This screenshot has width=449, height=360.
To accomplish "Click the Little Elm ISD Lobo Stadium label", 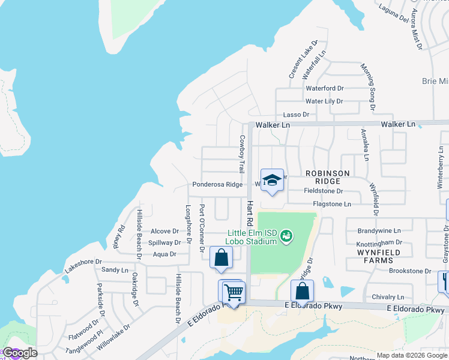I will [253, 237].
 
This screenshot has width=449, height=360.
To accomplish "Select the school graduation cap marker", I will [272, 180].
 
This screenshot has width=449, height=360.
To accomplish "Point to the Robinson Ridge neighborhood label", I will [327, 177].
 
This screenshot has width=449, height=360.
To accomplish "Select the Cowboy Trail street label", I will [243, 154].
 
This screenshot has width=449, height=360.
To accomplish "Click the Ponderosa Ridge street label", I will [217, 184].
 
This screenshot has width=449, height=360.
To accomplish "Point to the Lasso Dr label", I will [296, 115].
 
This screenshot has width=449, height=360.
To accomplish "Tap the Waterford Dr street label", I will [325, 88].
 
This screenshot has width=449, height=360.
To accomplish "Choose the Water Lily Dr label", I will [325, 101].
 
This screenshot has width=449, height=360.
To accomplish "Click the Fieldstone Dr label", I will [323, 191].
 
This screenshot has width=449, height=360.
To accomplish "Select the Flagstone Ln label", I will [332, 205].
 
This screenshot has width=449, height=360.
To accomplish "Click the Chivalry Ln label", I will [388, 297].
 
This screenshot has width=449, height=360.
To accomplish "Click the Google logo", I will [19, 353].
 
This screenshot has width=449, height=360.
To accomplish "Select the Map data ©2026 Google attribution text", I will [411, 355].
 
